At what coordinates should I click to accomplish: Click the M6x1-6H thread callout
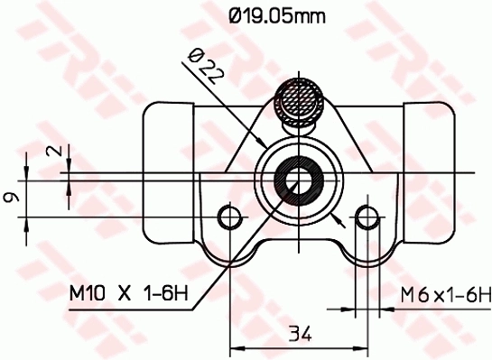[x=445, y=295]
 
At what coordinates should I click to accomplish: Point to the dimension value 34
[x=300, y=334]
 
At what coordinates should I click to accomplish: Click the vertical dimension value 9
[x=12, y=198]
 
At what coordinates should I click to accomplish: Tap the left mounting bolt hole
[x=232, y=217]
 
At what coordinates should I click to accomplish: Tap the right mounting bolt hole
[x=367, y=217]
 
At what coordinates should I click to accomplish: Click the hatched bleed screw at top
[x=299, y=101]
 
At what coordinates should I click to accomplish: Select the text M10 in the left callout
[x=88, y=293]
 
